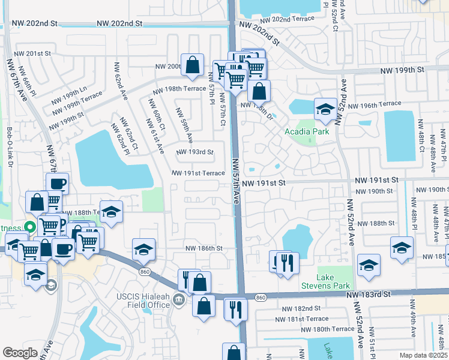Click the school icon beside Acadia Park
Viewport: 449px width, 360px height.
click(325, 109)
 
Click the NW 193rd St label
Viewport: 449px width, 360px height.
click(194, 152)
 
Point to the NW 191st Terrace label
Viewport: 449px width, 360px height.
click(198, 173)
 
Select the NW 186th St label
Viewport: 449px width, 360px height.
click(203, 248)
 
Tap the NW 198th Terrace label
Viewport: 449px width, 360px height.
click(179, 89)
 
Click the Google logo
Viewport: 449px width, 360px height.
click(20, 353)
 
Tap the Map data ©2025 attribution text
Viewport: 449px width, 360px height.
click(422, 355)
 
